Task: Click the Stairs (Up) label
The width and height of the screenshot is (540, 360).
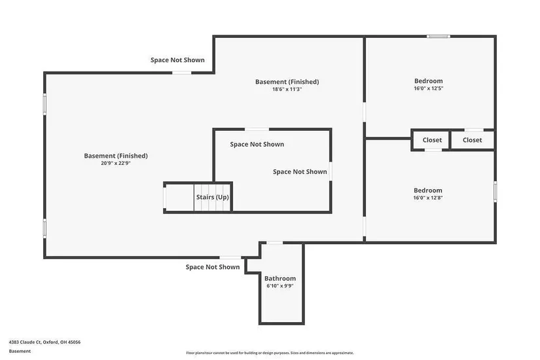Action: pos(213,197)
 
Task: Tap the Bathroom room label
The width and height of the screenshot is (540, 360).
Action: pos(280,278)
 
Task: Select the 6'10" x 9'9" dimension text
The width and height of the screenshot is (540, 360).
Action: pos(280,286)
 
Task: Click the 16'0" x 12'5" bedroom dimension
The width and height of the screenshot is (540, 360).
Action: pos(429,88)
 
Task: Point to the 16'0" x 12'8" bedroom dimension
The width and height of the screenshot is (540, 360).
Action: pos(427,198)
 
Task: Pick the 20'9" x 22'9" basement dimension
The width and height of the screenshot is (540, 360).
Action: pos(116,163)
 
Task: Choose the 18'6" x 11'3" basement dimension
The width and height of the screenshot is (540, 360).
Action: pos(287,89)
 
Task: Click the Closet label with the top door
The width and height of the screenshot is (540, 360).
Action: pos(472,140)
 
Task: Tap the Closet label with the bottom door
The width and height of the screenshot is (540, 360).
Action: pos(432,140)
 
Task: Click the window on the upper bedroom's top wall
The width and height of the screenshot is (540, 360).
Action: pos(438,36)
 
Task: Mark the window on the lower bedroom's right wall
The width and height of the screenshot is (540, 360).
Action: pos(495,192)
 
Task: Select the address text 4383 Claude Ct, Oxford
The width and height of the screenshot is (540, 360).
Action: pos(31,342)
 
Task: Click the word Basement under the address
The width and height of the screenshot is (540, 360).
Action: pos(20,351)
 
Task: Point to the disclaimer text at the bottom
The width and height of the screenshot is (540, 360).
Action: pos(270,353)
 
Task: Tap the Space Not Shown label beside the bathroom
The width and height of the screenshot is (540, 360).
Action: pos(213,267)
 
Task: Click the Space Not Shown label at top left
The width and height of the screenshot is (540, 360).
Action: pos(177,60)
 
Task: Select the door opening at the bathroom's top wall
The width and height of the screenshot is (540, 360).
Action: pos(275,243)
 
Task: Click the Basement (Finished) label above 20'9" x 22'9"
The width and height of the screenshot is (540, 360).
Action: pos(116,156)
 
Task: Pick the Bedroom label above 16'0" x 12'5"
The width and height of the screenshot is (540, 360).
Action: pos(429,81)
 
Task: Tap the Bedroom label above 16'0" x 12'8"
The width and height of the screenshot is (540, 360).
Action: pos(427,190)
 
